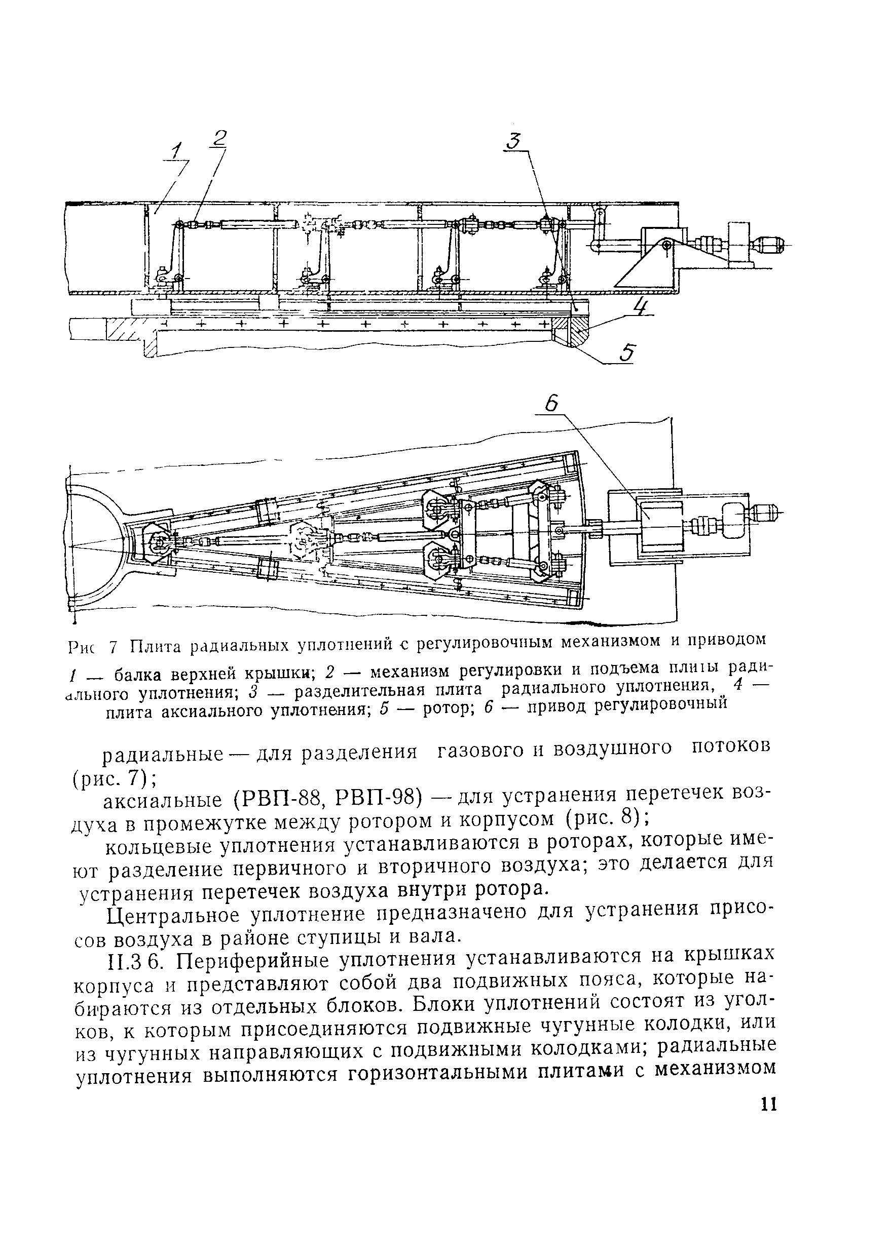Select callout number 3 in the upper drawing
513,142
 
